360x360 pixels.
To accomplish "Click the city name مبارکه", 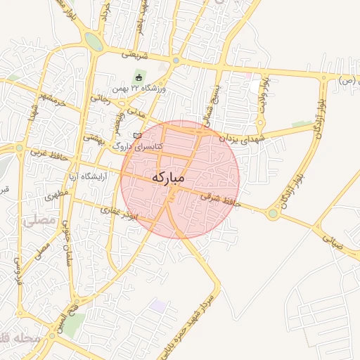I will [x=167, y=178].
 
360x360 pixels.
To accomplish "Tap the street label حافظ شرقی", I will [x=220, y=199].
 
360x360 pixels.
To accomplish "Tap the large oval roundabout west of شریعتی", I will [x=93, y=41].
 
